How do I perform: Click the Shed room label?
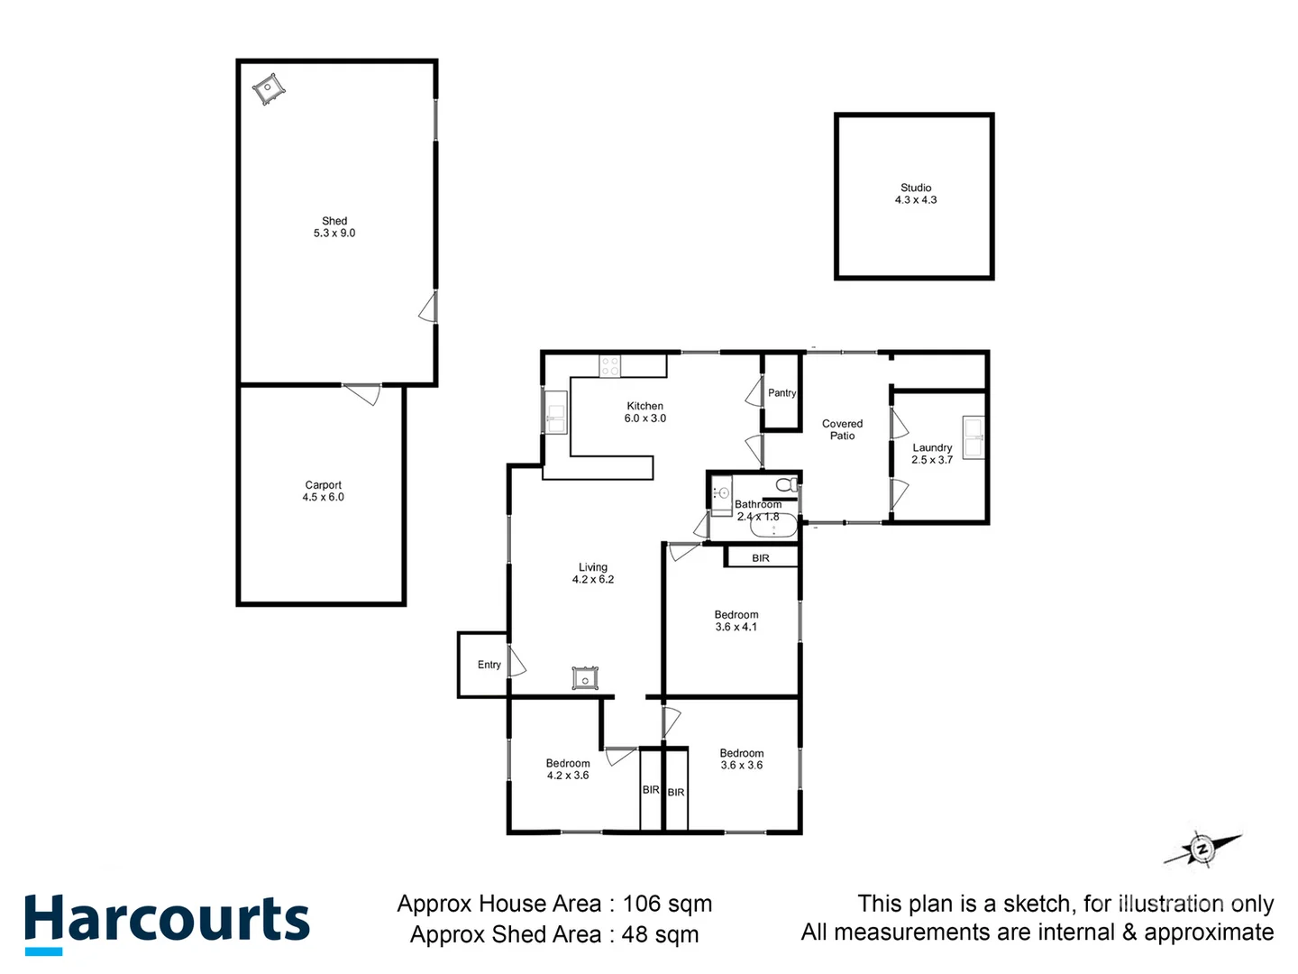(334, 226)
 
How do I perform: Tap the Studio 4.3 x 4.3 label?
(915, 194)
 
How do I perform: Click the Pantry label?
(782, 393)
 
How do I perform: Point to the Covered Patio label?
(842, 429)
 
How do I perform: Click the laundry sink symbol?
(973, 437)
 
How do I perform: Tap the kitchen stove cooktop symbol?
(610, 366)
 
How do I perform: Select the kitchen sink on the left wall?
(555, 413)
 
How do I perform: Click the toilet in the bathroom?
(786, 485)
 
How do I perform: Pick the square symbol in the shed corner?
(269, 89)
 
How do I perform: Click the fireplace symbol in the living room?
(585, 678)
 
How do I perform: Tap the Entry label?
(489, 665)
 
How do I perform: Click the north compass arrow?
(1202, 849)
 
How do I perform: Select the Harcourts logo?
(167, 922)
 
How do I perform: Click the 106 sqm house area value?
(667, 904)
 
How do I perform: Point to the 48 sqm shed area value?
(660, 934)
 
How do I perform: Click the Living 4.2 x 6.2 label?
(593, 574)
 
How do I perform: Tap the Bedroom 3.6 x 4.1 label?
(736, 620)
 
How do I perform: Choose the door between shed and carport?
(362, 393)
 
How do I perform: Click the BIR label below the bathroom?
(761, 558)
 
